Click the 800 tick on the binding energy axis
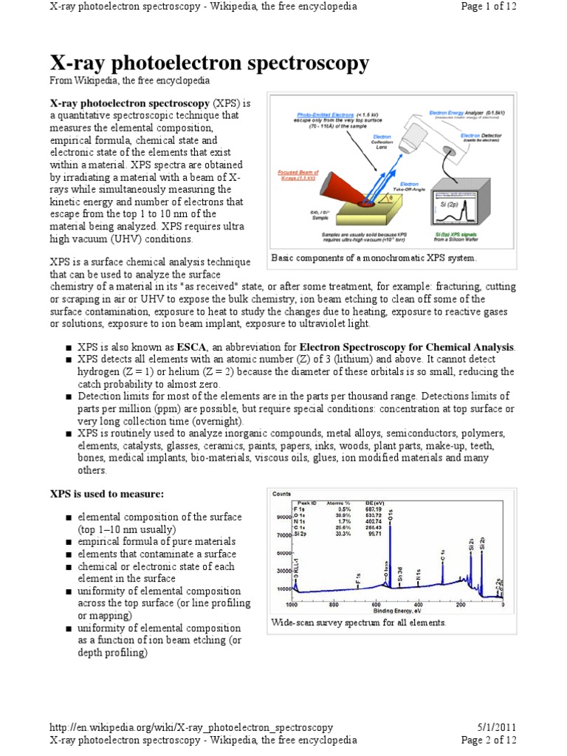[334, 605]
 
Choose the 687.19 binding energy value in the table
[374, 509]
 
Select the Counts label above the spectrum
[281, 494]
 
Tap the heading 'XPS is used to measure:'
[106, 493]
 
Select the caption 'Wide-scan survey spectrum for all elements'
[359, 623]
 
